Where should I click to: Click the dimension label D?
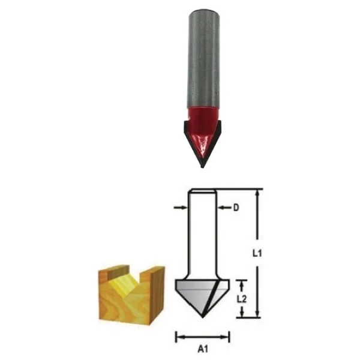236,208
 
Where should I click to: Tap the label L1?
257,253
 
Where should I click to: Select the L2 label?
242,299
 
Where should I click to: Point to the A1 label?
203,349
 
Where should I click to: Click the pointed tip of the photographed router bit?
202,167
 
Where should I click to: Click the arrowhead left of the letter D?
221,208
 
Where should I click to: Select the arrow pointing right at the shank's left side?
181,208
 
